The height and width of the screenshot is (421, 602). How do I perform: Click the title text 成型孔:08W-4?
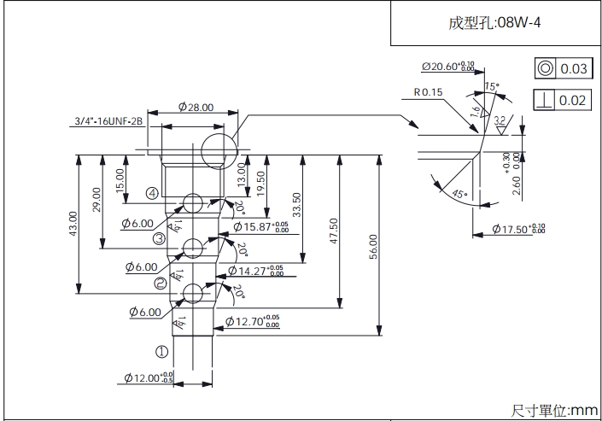tap(494, 22)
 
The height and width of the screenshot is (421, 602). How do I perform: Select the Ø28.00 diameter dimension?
tap(196, 107)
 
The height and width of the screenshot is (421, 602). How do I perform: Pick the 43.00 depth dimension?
tap(73, 224)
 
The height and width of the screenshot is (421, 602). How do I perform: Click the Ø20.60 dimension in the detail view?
tap(447, 67)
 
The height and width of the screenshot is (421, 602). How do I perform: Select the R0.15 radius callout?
tap(429, 91)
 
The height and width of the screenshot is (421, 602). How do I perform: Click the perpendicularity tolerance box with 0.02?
tap(562, 100)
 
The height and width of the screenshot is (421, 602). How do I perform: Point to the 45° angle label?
tap(459, 195)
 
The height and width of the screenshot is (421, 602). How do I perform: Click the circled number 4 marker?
tap(151, 194)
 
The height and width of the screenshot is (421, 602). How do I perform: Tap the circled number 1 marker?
tap(161, 350)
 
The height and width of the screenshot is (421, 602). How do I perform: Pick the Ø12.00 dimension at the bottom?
tap(148, 377)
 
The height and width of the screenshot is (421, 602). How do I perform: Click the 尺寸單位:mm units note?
tap(554, 410)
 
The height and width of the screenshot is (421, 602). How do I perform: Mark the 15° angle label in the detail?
tap(490, 86)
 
